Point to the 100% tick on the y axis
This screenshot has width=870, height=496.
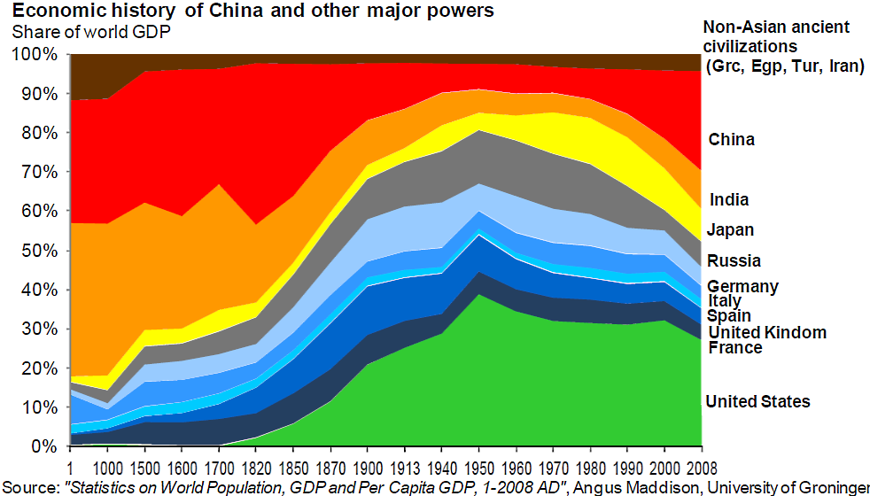coord(36,55)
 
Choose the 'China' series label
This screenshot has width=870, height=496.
coord(732,140)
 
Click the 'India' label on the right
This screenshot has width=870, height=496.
coord(729,200)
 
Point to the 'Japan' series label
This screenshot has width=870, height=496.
coord(731,230)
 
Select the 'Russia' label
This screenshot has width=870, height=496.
coord(734,261)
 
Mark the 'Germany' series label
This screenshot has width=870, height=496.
coord(742,286)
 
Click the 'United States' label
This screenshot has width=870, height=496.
coord(757,402)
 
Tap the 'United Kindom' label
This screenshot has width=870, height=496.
coord(766,333)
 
